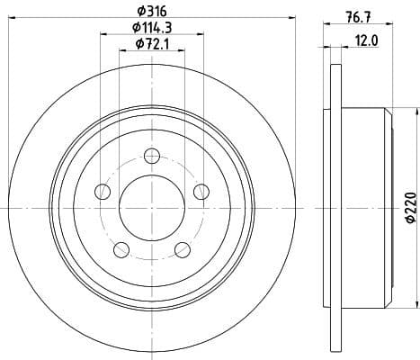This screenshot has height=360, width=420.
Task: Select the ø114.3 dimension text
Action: [152, 27]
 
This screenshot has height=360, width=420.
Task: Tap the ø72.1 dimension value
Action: [152, 44]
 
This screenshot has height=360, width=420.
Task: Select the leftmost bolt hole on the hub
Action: [103, 192]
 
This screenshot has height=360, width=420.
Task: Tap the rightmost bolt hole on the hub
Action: [201, 190]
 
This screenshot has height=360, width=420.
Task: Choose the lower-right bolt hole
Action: [183, 249]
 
